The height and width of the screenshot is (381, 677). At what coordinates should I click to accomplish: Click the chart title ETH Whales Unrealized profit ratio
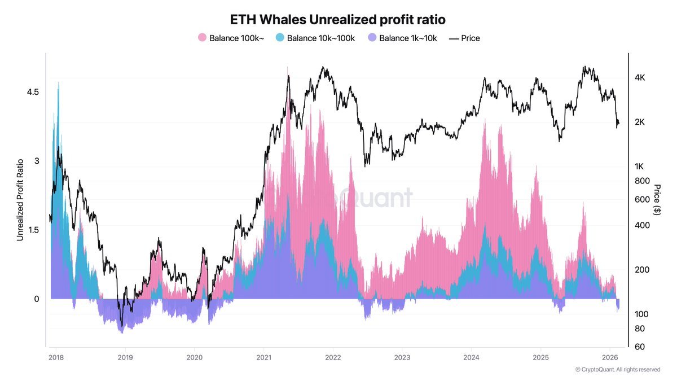click(x=338, y=19)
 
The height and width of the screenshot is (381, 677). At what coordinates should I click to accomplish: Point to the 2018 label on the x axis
click(x=56, y=357)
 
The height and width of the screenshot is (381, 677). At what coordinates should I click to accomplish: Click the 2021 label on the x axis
click(x=264, y=357)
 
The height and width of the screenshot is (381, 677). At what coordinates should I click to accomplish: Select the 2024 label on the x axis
click(x=472, y=357)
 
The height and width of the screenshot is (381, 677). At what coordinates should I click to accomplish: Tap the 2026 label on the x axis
click(x=610, y=357)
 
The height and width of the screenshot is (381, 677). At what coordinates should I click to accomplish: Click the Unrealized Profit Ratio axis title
click(x=20, y=199)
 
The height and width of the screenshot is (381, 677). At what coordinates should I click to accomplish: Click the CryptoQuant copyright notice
click(x=617, y=370)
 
